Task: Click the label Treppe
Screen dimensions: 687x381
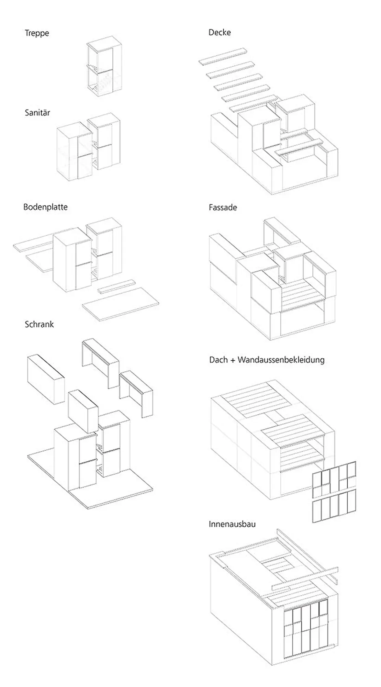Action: click(37, 33)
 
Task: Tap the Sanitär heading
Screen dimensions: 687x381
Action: click(37, 113)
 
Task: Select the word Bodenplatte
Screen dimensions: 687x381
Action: click(45, 207)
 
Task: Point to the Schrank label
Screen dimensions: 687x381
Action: click(39, 324)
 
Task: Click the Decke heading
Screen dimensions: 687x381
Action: click(220, 33)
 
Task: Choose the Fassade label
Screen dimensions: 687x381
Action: click(223, 207)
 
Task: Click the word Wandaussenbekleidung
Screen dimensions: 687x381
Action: click(281, 360)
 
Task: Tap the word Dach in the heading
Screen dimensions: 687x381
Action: click(218, 360)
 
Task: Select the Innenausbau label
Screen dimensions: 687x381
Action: click(232, 524)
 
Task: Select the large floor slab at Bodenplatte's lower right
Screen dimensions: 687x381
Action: click(120, 304)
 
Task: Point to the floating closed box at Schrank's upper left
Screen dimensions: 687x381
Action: click(46, 379)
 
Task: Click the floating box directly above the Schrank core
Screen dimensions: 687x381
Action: click(83, 412)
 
